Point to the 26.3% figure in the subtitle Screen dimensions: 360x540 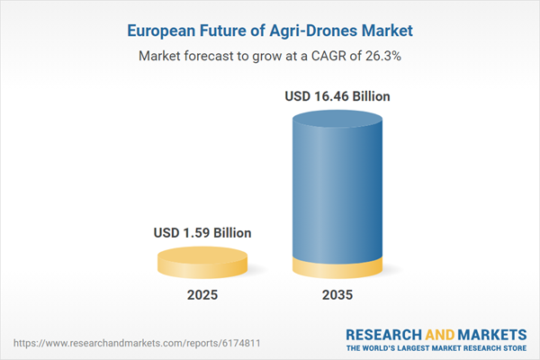click(381, 55)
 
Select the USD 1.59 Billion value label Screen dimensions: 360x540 click(202, 233)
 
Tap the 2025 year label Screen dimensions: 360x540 click(202, 295)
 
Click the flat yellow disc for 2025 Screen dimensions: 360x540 click(202, 262)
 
